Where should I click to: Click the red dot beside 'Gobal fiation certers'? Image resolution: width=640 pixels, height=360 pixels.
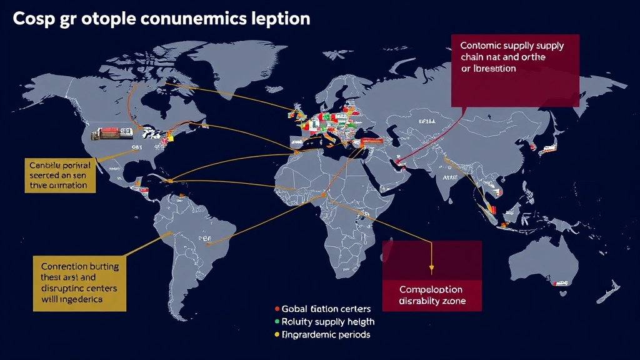(x=276, y=309)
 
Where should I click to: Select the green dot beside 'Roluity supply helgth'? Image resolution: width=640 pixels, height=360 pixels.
(x=276, y=322)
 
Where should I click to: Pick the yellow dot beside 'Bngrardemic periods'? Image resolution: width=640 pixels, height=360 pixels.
(x=276, y=335)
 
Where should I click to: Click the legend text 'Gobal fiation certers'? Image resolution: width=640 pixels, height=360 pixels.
(x=326, y=309)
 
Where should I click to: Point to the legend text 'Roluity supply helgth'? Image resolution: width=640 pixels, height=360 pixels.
(x=328, y=322)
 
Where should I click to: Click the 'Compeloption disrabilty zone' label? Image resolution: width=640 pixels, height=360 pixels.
(x=431, y=296)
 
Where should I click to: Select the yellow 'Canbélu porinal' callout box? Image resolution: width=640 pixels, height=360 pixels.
(x=60, y=176)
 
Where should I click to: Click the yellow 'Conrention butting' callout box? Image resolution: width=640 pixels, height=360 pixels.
(x=79, y=282)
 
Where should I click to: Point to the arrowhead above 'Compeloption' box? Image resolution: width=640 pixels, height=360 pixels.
(x=431, y=269)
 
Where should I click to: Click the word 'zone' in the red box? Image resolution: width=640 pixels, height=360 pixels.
(x=452, y=302)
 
